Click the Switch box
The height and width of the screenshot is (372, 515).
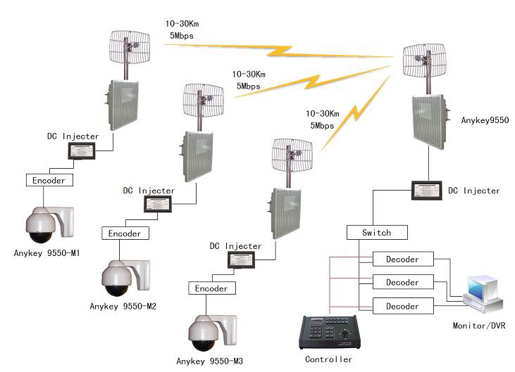[x=378, y=232]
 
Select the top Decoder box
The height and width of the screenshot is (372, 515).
[x=402, y=259]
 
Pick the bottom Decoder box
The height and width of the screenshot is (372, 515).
[x=402, y=306]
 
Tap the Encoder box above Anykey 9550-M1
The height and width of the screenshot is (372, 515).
[x=49, y=180]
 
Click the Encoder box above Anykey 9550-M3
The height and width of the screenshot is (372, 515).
[x=211, y=288]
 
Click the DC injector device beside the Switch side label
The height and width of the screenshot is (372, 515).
[x=428, y=190]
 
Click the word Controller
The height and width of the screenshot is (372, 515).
[x=328, y=359]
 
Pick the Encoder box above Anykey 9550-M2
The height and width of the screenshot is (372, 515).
[x=125, y=233]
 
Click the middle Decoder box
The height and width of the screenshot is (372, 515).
[x=402, y=283]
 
